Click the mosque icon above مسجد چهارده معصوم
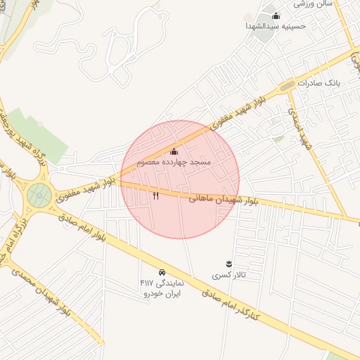tap(174, 152)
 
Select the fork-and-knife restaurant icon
tap(155, 196)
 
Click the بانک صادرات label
tap(318, 82)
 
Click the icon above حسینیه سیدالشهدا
tap(276, 15)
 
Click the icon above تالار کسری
tap(229, 264)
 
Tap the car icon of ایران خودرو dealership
tap(162, 271)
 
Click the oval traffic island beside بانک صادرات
tap(287, 86)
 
